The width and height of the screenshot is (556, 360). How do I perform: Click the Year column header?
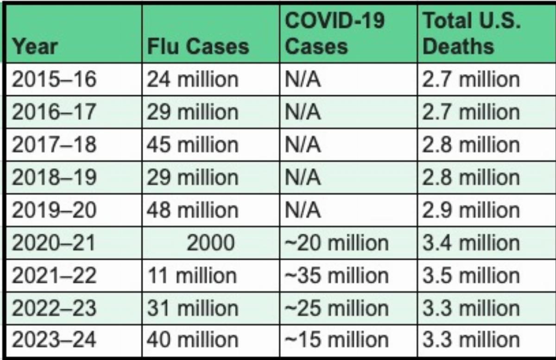tap(35, 46)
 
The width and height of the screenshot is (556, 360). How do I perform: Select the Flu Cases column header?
tap(198, 46)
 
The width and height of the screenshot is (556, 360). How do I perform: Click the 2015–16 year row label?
tap(54, 80)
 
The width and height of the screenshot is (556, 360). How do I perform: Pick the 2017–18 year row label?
tap(54, 145)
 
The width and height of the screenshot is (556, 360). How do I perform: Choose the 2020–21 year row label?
tap(54, 243)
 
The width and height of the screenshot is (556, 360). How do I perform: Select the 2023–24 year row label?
tap(54, 341)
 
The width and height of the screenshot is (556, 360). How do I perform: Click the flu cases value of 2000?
tap(211, 243)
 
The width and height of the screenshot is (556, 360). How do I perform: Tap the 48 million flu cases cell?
tap(193, 210)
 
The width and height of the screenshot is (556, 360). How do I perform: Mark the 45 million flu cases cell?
tap(193, 145)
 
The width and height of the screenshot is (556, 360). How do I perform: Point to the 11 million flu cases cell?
tap(192, 276)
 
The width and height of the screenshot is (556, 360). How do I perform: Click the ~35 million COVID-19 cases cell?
tap(336, 276)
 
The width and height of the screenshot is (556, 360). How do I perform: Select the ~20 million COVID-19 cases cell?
tap(336, 243)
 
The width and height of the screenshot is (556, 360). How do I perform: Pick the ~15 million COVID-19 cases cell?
tap(336, 341)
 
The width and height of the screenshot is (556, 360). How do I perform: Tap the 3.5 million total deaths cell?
tap(471, 276)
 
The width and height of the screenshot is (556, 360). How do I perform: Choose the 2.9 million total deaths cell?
tap(471, 210)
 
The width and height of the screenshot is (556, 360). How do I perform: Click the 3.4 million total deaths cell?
tap(471, 243)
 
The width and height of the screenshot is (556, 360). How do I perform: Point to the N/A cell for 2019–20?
tap(302, 210)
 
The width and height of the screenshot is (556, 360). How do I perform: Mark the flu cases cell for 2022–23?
tap(193, 308)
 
